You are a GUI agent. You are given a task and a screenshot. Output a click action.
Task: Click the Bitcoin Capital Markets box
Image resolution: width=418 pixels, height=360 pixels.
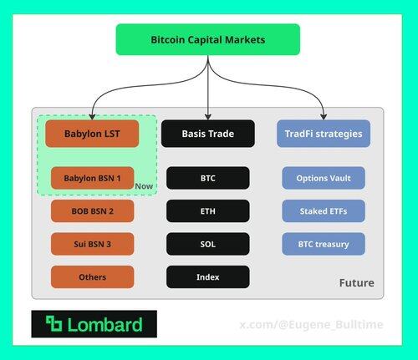point(208,39)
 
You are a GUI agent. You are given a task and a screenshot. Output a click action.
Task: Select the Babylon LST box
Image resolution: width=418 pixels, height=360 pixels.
point(92,134)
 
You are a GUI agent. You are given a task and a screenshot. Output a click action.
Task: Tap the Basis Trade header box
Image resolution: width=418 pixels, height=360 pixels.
point(208,134)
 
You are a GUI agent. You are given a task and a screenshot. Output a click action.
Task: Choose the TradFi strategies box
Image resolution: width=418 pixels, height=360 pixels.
point(324,134)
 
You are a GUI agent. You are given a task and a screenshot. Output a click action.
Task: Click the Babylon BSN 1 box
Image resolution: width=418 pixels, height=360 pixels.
point(92,178)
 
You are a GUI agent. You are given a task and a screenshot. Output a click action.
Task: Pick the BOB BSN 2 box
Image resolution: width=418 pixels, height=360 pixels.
point(92,211)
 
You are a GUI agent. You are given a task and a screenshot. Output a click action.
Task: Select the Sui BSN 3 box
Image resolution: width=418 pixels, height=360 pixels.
point(92,244)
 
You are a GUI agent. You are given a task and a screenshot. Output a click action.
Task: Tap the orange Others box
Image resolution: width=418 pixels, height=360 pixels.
point(92,276)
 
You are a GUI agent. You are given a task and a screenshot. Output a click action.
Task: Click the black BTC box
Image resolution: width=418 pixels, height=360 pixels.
point(208,178)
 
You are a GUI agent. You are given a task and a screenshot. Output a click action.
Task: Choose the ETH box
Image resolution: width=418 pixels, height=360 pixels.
point(208,211)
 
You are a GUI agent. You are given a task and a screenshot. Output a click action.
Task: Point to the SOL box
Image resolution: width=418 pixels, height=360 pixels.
point(208,244)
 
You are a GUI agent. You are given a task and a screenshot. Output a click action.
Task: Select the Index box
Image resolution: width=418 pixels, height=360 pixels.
point(208,276)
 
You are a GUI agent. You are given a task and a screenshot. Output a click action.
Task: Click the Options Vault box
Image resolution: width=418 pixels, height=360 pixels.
point(324,178)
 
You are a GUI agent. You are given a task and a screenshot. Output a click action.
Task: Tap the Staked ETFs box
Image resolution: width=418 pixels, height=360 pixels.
point(324,211)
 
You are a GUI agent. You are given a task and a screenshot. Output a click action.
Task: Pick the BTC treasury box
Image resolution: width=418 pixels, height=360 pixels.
point(324,244)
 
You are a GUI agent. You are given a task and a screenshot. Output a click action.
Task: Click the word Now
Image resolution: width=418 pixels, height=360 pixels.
point(144,186)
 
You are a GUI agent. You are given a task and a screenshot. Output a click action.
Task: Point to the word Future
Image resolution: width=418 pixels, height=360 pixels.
point(357,283)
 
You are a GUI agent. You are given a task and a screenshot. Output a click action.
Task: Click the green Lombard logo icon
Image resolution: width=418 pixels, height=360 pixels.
point(54,324)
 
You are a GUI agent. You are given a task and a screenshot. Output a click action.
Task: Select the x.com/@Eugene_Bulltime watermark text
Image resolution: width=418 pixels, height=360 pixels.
point(311,325)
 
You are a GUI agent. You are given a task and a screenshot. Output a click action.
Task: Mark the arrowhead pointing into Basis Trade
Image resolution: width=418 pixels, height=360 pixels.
point(208,117)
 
